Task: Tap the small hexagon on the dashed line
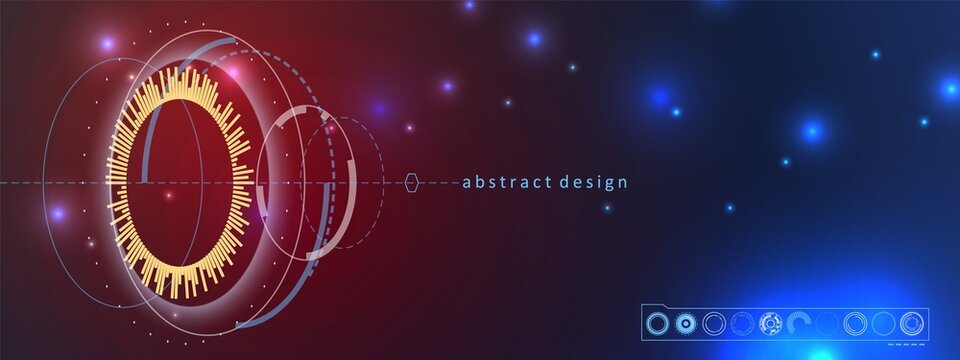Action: [x=412, y=182]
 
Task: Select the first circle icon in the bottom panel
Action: [x=657, y=323]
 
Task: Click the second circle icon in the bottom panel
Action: [x=685, y=323]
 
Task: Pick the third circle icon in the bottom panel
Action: [x=714, y=323]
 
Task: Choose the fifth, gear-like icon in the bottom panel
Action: [x=770, y=323]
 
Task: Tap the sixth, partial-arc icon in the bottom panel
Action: [x=799, y=323]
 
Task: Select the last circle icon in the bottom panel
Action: [x=911, y=323]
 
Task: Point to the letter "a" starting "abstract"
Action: [x=467, y=183]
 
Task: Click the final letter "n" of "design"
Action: [x=623, y=183]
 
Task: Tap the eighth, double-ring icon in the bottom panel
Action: [x=855, y=323]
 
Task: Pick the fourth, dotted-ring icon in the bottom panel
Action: [x=742, y=323]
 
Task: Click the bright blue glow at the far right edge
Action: [x=949, y=89]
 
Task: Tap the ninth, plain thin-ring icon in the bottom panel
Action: [x=883, y=323]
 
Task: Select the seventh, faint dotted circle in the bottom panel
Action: [x=827, y=323]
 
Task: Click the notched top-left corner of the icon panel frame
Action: [x=645, y=306]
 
